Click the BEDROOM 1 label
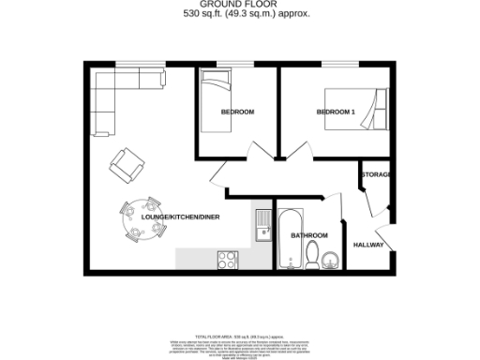[336, 112]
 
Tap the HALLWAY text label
[368, 245]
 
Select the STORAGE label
[375, 175]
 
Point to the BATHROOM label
[308, 235]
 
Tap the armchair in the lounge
[127, 165]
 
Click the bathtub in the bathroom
[286, 238]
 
